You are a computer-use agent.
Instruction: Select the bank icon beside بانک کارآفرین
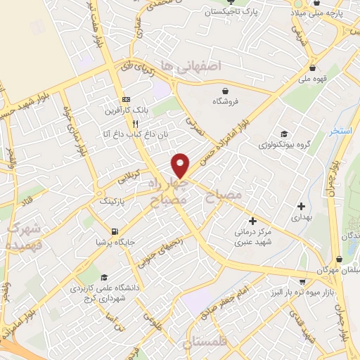pos(126,99)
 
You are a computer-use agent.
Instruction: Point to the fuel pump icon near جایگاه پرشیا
pos(114,231)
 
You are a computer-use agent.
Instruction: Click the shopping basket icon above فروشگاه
pos(225,91)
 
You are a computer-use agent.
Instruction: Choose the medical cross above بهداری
pos(301,207)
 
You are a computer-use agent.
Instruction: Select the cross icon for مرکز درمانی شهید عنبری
pos(252,221)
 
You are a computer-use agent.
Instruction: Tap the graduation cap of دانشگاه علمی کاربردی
pos(104,278)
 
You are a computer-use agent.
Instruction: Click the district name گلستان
pos(207,343)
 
